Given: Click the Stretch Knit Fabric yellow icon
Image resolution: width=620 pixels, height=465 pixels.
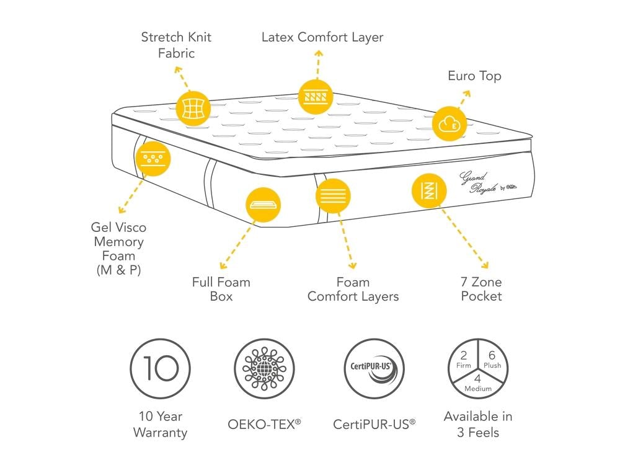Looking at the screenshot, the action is coord(193,108).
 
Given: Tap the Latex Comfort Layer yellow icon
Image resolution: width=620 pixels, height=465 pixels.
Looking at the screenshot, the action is coord(316,97).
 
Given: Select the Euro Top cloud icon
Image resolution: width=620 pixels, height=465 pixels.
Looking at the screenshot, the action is coord(449,124).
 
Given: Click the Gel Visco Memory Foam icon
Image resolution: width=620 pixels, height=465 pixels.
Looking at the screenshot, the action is coord(153,159).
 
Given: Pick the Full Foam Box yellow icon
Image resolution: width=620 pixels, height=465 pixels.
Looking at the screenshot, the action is coord(263,205).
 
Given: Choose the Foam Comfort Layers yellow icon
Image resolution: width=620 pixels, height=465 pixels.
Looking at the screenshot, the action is coord(333,196).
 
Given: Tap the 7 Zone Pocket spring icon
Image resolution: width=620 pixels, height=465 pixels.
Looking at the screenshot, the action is coord(429,191).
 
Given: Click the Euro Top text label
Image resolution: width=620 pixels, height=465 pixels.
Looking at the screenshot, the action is coord(474,76).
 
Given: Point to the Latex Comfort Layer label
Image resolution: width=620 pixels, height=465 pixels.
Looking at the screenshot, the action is coord(322,37).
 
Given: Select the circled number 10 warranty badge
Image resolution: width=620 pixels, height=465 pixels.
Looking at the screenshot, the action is coord(160,368).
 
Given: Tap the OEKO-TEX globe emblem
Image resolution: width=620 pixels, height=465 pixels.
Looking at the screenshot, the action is coord(264,368).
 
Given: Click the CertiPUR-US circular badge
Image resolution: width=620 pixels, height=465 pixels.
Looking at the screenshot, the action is coord(374,368).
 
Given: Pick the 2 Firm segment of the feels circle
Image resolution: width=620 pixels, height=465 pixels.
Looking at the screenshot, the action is coord(463,360).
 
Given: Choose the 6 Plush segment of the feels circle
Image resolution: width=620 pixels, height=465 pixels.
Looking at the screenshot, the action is coord(492,360).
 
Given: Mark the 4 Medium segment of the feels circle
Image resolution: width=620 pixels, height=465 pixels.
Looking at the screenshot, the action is coord(478,385).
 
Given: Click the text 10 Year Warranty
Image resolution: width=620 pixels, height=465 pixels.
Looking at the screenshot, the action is coord(160,424).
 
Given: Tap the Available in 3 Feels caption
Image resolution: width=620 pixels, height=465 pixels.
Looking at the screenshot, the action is coord(478,424).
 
